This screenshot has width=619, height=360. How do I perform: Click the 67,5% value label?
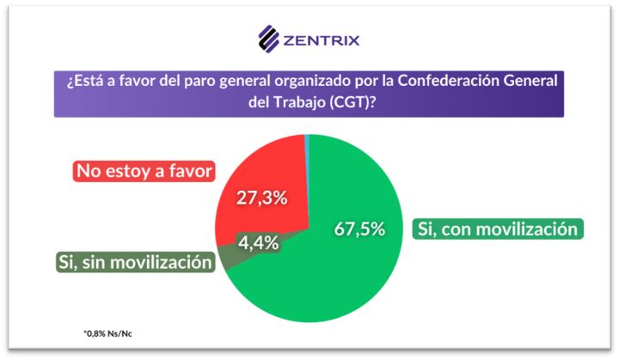tap(358, 229)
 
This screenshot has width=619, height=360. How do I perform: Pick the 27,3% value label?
tap(261, 198)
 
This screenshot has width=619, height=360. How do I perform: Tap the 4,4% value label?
tap(258, 242)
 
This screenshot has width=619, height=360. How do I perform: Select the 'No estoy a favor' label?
tap(144, 170)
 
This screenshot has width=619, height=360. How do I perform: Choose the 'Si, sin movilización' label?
tap(135, 262)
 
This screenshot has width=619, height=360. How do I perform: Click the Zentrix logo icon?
tap(270, 40)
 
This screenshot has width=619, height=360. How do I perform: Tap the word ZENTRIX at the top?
tap(322, 40)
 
